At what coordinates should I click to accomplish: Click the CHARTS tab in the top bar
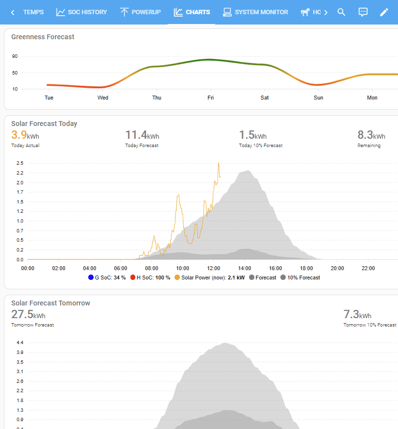pyautogui.click(x=192, y=12)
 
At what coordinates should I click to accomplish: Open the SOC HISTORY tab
pyautogui.click(x=81, y=12)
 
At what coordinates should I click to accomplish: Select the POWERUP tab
pyautogui.click(x=140, y=12)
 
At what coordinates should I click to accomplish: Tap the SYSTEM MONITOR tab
pyautogui.click(x=255, y=12)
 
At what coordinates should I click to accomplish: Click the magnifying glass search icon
pyautogui.click(x=341, y=12)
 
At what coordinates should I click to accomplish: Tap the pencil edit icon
pyautogui.click(x=384, y=12)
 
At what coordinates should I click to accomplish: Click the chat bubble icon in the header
pyautogui.click(x=363, y=12)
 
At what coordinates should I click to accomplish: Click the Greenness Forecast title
pyautogui.click(x=43, y=37)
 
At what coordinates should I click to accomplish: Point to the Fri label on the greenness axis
pyautogui.click(x=210, y=98)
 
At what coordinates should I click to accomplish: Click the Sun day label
pyautogui.click(x=319, y=98)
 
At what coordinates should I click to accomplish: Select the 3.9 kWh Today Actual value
pyautogui.click(x=25, y=135)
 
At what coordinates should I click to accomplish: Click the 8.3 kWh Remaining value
pyautogui.click(x=371, y=135)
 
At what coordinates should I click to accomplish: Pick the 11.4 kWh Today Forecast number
pyautogui.click(x=142, y=135)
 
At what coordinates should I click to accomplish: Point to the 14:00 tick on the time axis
pyautogui.click(x=245, y=268)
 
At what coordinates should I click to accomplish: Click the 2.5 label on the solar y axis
pyautogui.click(x=20, y=163)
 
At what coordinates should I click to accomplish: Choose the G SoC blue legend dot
pyautogui.click(x=91, y=278)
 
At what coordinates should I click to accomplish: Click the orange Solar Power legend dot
pyautogui.click(x=177, y=278)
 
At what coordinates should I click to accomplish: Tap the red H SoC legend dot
pyautogui.click(x=133, y=278)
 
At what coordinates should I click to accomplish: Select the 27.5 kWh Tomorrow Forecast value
pyautogui.click(x=28, y=315)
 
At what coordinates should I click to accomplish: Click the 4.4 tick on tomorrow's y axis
pyautogui.click(x=20, y=343)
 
